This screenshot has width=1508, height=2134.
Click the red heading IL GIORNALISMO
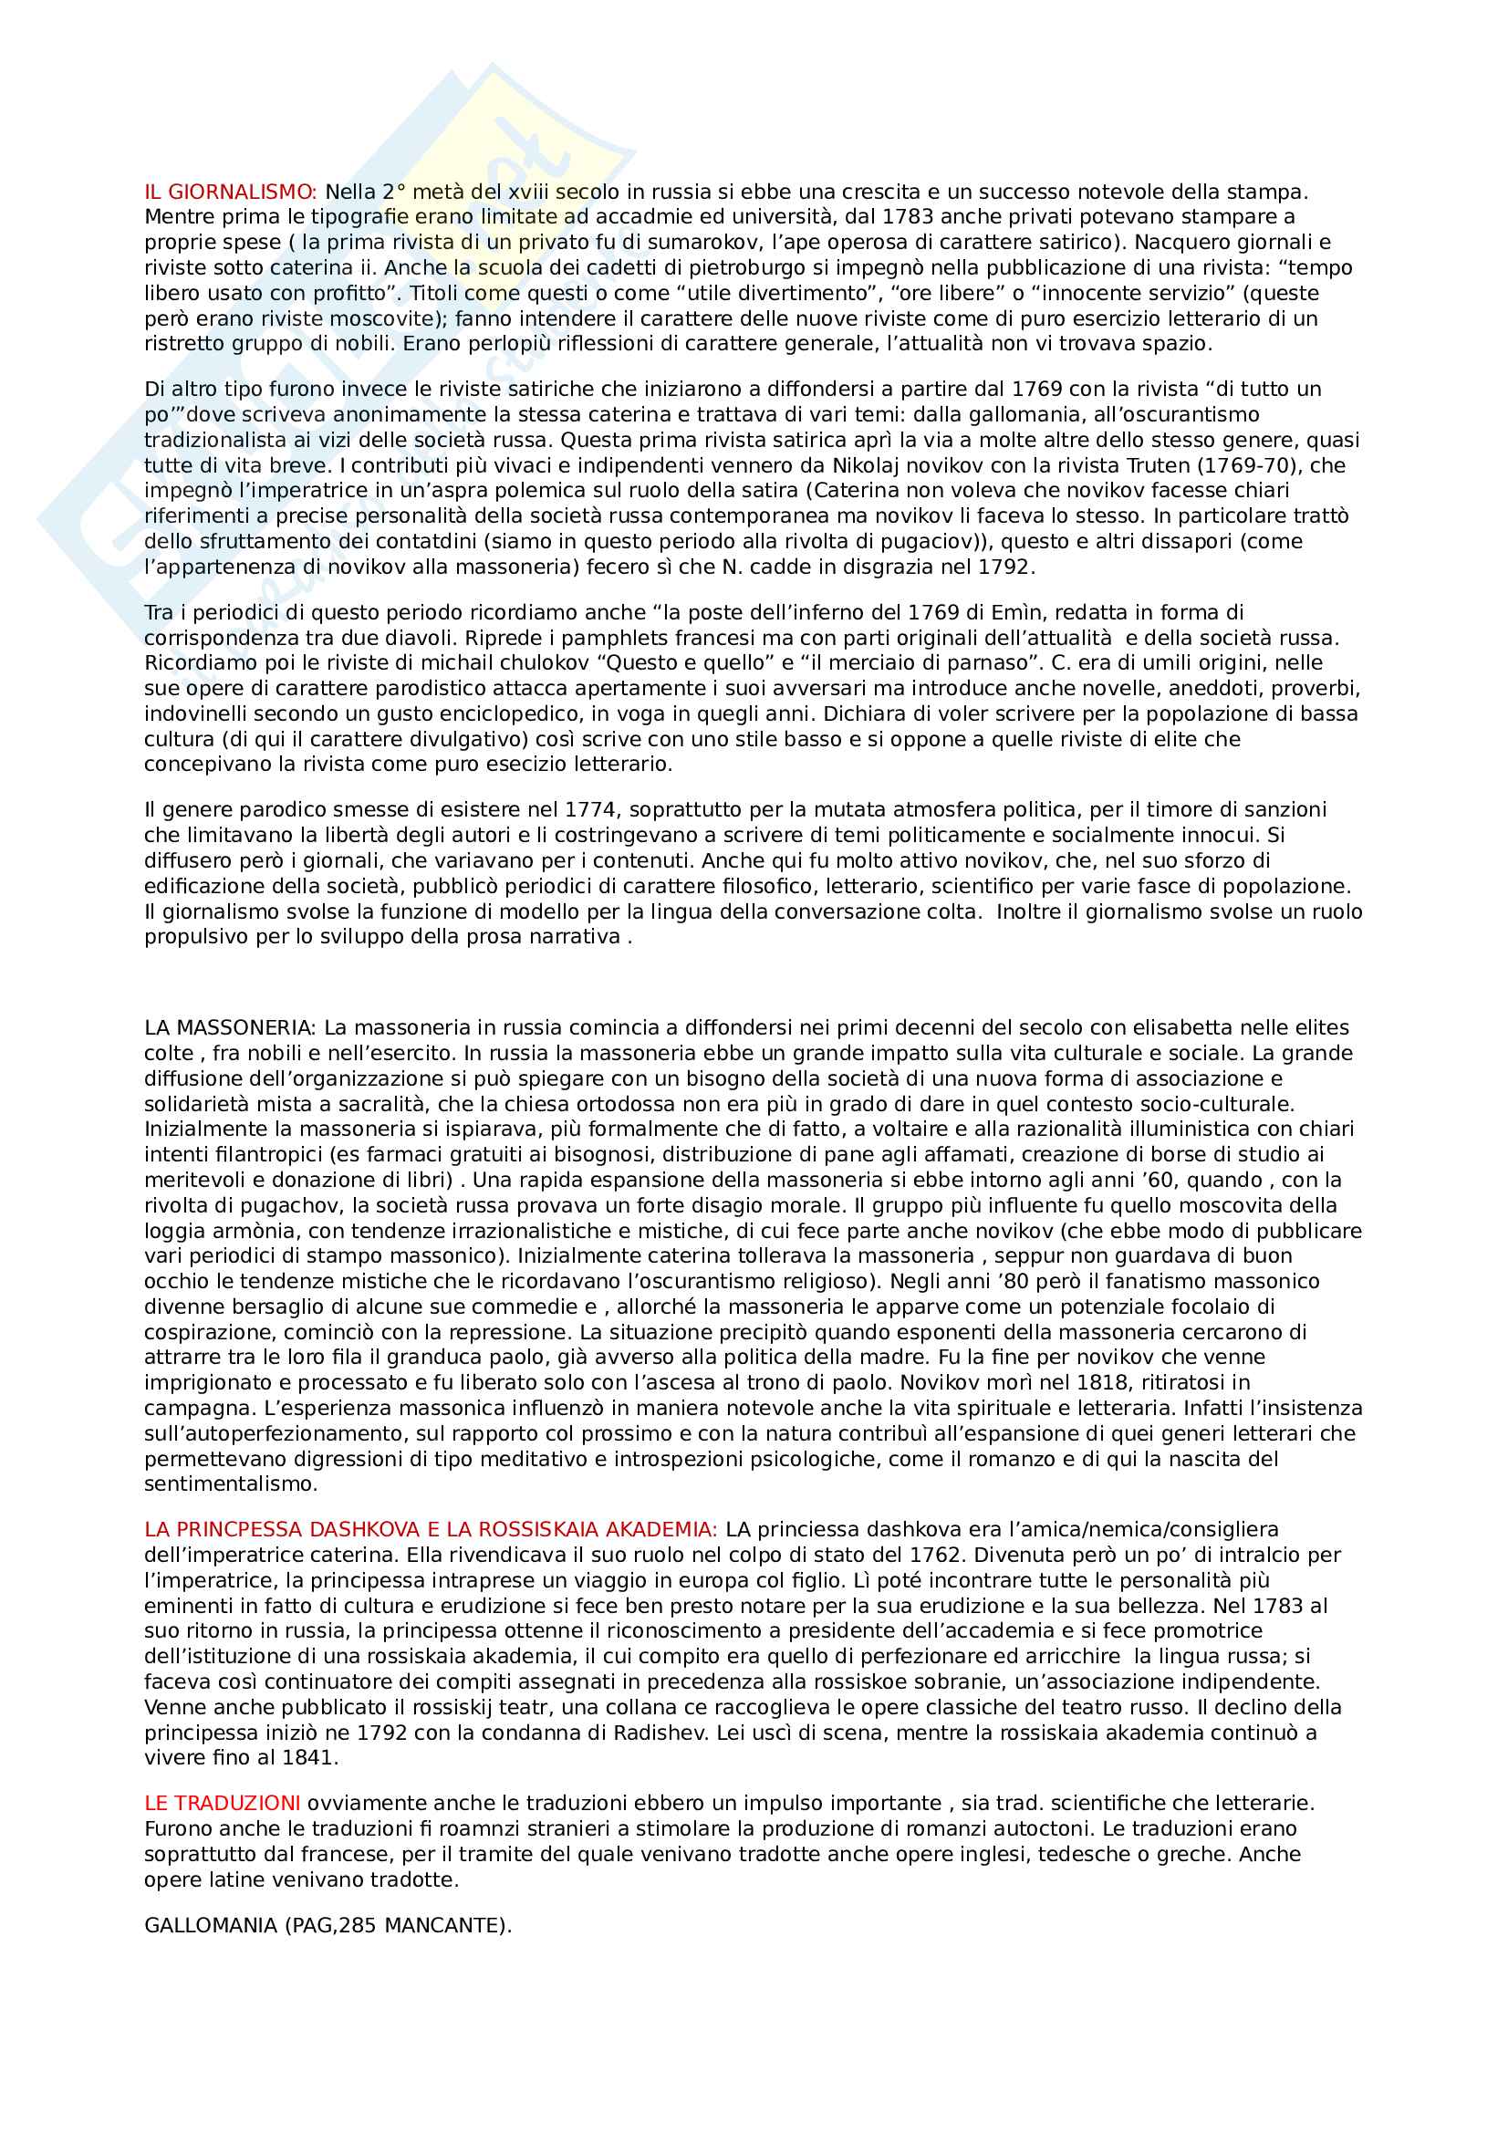click(231, 193)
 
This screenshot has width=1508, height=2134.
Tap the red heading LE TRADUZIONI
click(222, 1803)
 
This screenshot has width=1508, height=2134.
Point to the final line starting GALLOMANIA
click(328, 1926)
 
